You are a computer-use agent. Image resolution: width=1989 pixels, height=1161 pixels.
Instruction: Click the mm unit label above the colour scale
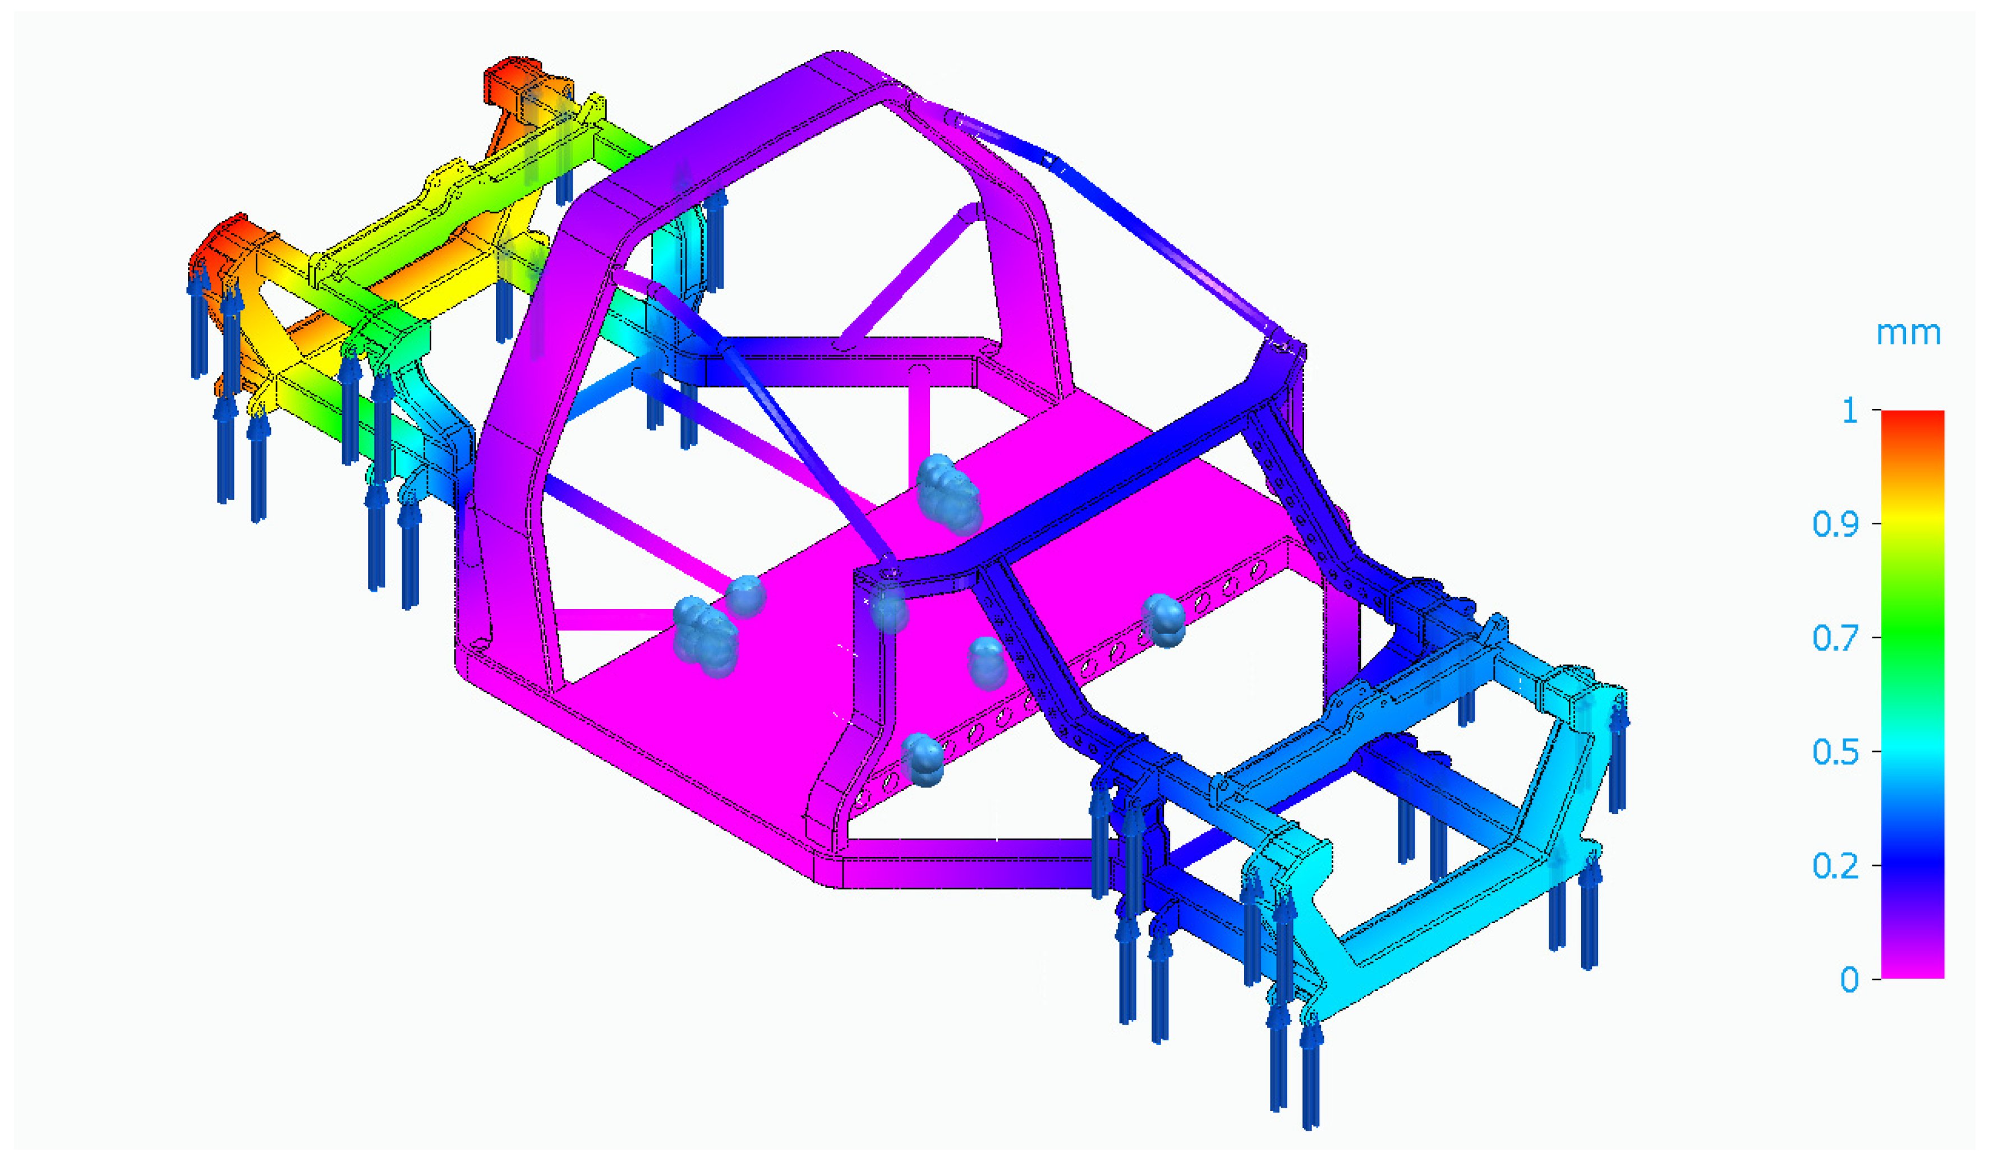pyautogui.click(x=1907, y=334)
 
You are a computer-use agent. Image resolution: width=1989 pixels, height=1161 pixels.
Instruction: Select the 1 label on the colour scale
pyautogui.click(x=1849, y=411)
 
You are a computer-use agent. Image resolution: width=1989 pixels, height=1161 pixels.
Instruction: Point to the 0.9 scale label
pyautogui.click(x=1835, y=524)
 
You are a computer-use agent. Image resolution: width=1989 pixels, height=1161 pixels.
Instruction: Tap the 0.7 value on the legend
pyautogui.click(x=1835, y=638)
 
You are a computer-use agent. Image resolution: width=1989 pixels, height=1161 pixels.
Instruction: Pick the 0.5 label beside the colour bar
pyautogui.click(x=1835, y=752)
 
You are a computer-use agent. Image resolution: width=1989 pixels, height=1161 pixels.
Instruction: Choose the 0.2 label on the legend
pyautogui.click(x=1835, y=866)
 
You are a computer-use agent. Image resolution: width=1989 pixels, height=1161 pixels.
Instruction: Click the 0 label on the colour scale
pyautogui.click(x=1849, y=979)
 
